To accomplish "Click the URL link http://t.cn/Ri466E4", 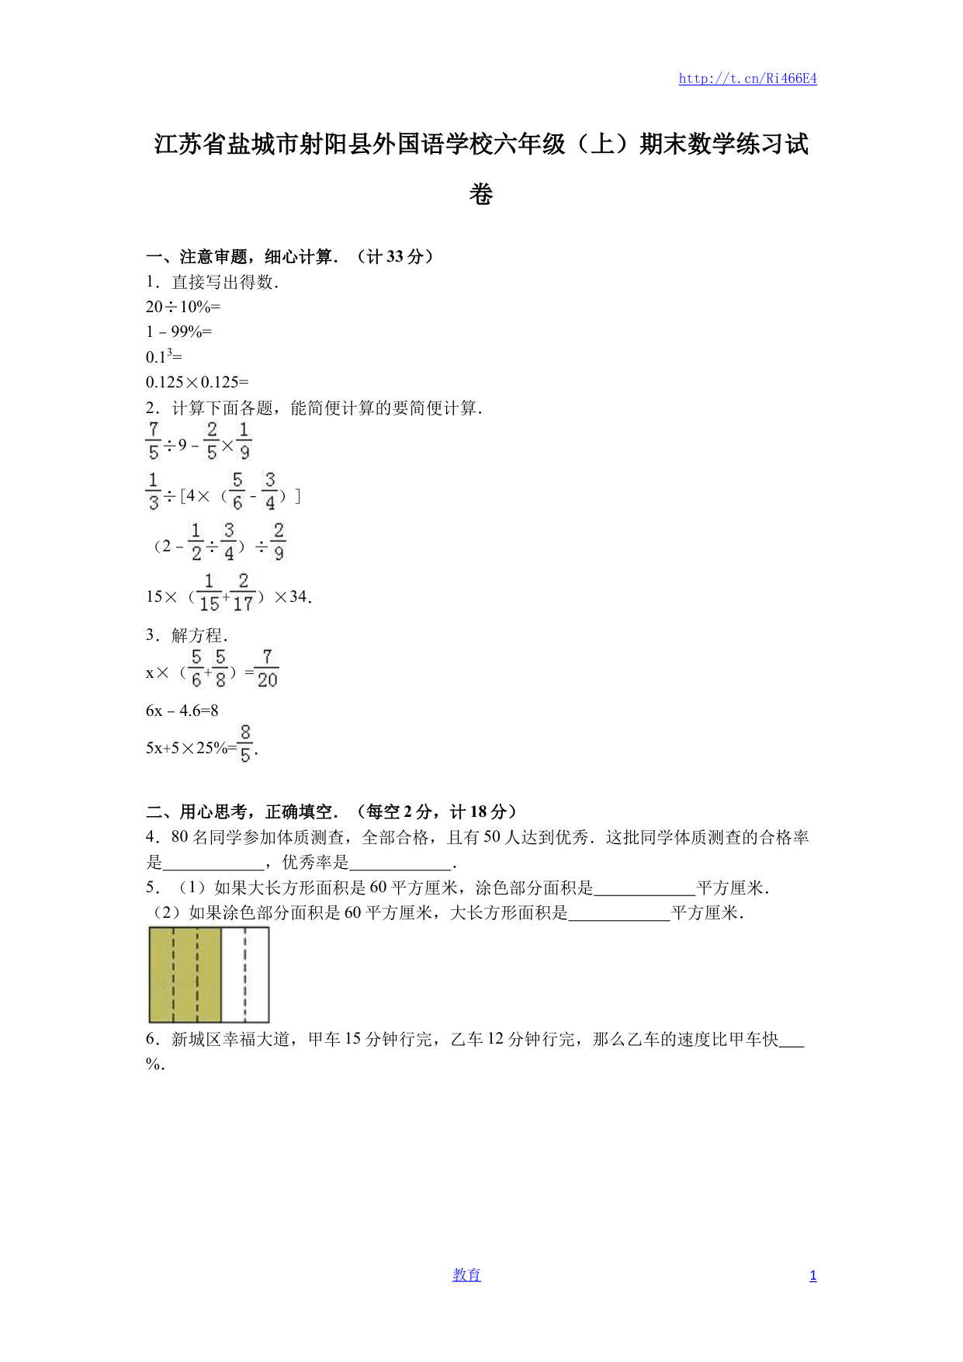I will [747, 78].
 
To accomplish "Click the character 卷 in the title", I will [481, 194].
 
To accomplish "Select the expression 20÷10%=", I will [183, 307].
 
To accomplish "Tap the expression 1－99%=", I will [178, 332].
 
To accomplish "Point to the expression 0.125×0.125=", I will [197, 381].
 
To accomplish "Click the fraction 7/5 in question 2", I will [153, 440].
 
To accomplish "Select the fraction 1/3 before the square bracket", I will [153, 491].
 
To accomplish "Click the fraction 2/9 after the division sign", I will [279, 541].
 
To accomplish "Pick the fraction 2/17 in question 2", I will [243, 592].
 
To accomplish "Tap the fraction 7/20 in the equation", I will [267, 669].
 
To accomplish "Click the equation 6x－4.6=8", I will [182, 711].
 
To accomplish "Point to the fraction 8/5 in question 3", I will [245, 743].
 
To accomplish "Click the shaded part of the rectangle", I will [185, 975].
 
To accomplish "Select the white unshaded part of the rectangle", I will [245, 975].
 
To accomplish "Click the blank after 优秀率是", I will [400, 863].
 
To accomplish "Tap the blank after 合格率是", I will [213, 863].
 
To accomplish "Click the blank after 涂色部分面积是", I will [644, 888].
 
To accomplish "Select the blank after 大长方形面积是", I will [618, 913].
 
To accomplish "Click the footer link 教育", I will [466, 1275].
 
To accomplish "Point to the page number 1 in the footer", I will [812, 1276].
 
